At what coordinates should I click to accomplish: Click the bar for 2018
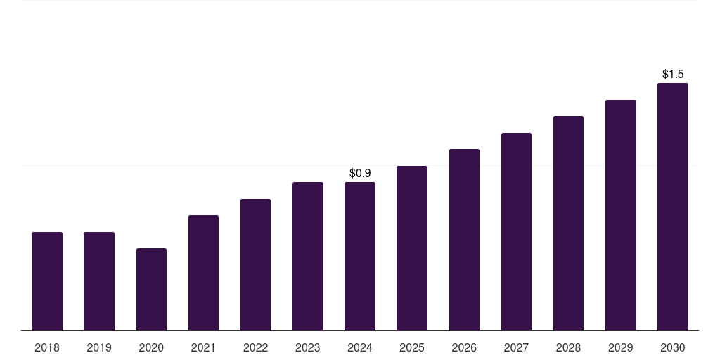(x=47, y=281)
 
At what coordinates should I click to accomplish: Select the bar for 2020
(x=151, y=289)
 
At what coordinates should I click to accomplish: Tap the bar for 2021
(x=203, y=273)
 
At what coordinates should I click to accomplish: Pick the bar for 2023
(x=308, y=256)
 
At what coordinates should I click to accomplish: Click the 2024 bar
(x=360, y=256)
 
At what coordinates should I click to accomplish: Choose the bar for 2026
(x=464, y=240)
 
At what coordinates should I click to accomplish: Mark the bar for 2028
(x=568, y=223)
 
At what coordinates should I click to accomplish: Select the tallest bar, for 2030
(x=673, y=207)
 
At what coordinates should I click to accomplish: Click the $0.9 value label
(x=360, y=173)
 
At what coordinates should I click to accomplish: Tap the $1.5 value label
(x=673, y=74)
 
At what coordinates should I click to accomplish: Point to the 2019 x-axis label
(x=99, y=347)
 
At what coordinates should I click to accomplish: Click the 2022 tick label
(x=255, y=347)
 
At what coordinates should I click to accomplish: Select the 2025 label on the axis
(x=412, y=347)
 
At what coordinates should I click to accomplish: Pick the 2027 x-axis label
(x=516, y=347)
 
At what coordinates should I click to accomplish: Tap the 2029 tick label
(x=620, y=347)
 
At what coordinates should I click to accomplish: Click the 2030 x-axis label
(x=673, y=347)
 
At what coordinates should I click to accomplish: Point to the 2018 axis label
(x=47, y=347)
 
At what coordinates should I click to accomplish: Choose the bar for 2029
(x=620, y=215)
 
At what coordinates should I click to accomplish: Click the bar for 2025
(x=412, y=248)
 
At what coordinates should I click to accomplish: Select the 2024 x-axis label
(x=360, y=347)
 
